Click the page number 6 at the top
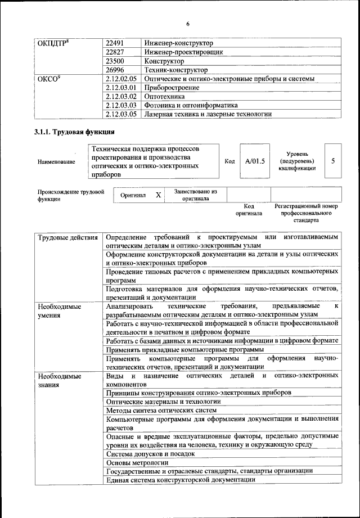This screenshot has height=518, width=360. pos(187,23)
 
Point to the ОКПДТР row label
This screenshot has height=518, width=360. pos(53,43)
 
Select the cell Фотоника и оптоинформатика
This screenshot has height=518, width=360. pos(191,105)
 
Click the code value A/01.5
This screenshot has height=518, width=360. pos(251,161)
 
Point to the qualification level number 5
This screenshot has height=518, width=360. pos(334,161)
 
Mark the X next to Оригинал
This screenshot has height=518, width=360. pos(158,195)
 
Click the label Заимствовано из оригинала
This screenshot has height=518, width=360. pos(195,195)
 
